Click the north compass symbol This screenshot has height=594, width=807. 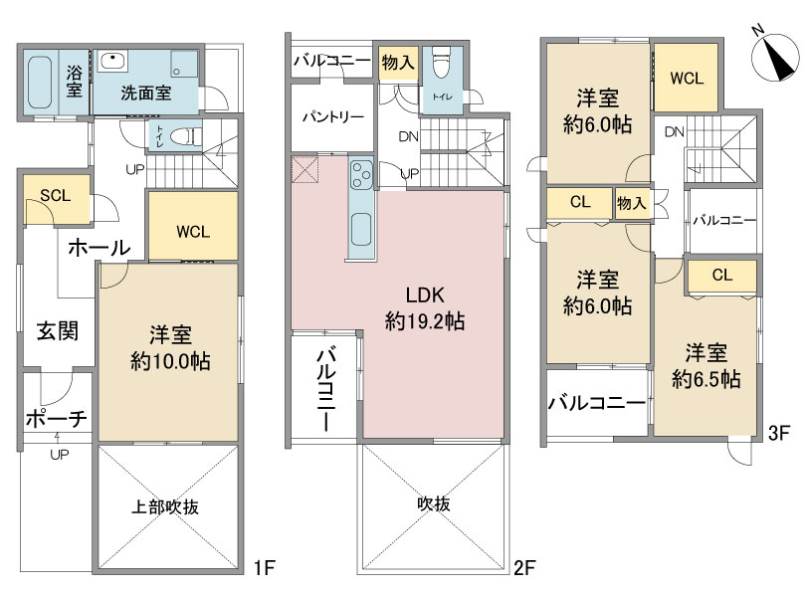pos(775,56)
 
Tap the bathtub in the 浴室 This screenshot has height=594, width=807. pos(39,83)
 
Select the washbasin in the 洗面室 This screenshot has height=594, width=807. pos(112,61)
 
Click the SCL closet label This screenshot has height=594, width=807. pos(56,196)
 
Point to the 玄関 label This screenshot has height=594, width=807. pos(58,330)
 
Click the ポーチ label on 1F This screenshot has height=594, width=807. pos(57,419)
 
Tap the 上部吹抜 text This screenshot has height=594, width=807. pos(165,507)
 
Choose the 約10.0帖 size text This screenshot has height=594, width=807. pos(170,361)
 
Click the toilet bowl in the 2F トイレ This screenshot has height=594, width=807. pos(442,63)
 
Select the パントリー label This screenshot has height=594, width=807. pos(333,117)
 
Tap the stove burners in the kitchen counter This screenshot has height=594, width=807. pos(361,174)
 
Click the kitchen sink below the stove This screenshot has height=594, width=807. pos(361,230)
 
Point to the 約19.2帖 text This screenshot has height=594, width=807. pos(425,321)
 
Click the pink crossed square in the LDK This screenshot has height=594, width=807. pos(305,169)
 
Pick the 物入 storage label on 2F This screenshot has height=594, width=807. pos(398,63)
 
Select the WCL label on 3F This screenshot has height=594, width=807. pos(687,79)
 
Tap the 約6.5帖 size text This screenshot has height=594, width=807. pos(706,379)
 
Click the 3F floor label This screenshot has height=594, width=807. pos(779,434)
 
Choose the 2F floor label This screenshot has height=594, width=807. pos(525,568)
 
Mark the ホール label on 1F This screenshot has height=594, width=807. pos(100,248)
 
